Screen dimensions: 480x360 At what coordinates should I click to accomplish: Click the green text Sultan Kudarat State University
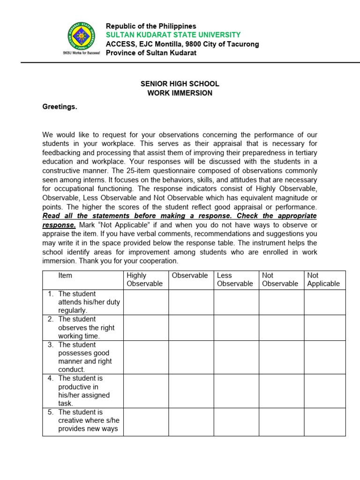coord(173,35)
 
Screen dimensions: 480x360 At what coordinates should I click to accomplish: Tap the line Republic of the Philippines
coord(151,26)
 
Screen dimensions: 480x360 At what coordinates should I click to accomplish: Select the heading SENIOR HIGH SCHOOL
coord(180,84)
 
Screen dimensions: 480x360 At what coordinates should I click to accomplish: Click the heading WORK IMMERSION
coord(180,93)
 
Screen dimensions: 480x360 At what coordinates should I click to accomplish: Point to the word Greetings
coord(60,107)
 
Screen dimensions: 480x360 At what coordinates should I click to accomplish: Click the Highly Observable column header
coord(145,279)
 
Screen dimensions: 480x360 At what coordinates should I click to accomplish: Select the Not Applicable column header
coord(324,279)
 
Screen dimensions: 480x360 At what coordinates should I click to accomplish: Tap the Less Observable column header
coord(235,279)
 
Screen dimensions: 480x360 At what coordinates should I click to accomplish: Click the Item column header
coord(65,276)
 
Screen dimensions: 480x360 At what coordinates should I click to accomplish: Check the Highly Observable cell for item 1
coord(146,302)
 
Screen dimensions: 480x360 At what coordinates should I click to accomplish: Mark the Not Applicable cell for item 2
coord(324,327)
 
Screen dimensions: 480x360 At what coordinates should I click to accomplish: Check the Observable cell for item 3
coord(191,357)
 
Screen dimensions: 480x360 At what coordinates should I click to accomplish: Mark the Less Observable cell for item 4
coord(236,390)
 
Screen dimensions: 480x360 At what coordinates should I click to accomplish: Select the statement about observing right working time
coord(86,327)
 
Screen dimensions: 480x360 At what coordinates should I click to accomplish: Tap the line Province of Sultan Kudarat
coord(151,52)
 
